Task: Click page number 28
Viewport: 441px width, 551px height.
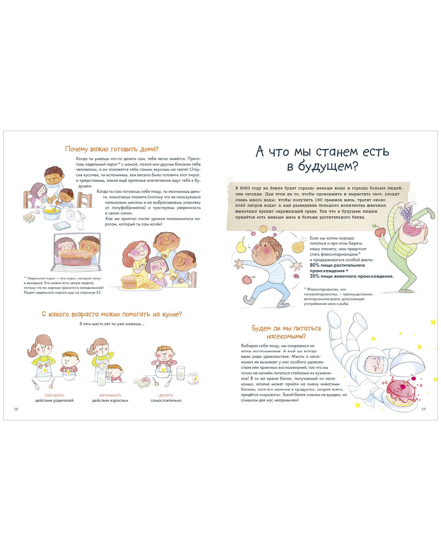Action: click(16, 409)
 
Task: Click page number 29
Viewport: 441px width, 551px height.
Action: click(423, 409)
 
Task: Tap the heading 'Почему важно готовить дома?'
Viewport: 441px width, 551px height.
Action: click(112, 149)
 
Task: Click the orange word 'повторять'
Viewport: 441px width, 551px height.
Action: click(54, 395)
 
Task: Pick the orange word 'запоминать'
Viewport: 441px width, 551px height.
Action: click(110, 395)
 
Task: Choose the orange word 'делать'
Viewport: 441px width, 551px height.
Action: click(166, 395)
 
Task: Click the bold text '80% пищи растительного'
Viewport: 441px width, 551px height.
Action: click(337, 265)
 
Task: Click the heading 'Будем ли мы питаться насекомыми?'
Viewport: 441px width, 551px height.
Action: click(286, 332)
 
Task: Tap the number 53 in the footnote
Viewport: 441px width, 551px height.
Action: click(99, 292)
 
